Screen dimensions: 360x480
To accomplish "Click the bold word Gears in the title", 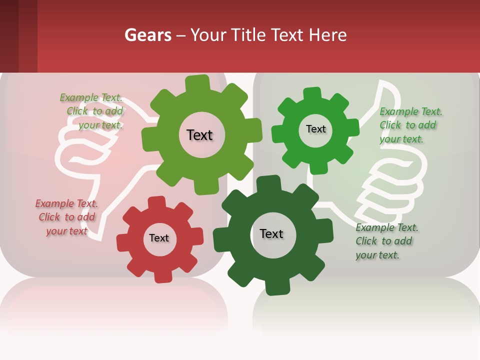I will pyautogui.click(x=147, y=35).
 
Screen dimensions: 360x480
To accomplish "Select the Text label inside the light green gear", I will pyautogui.click(x=199, y=135).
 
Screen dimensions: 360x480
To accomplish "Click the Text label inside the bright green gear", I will pyautogui.click(x=315, y=129).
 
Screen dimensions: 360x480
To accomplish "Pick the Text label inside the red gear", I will pyautogui.click(x=159, y=238).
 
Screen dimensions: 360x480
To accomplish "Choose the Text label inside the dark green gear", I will pyautogui.click(x=271, y=233).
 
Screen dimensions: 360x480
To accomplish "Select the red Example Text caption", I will pyautogui.click(x=66, y=217).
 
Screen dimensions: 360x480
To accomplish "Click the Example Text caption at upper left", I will pyautogui.click(x=92, y=111).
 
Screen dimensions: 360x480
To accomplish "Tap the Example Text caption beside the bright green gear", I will pyautogui.click(x=410, y=125).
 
